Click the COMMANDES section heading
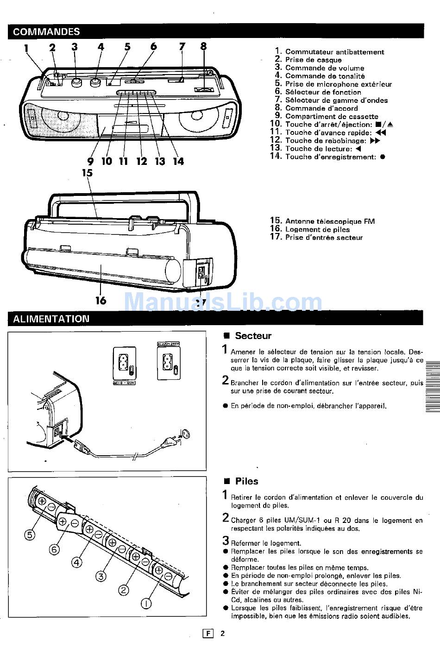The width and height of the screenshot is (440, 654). [x=46, y=31]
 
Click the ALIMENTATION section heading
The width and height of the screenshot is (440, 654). [x=51, y=319]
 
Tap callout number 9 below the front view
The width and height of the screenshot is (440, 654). [x=90, y=161]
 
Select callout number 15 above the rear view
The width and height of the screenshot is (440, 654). [x=87, y=173]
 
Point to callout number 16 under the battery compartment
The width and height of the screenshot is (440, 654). [x=101, y=300]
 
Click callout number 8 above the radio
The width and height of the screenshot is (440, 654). [x=203, y=46]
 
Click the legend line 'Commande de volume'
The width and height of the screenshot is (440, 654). [x=324, y=68]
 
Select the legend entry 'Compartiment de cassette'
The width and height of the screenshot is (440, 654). [x=331, y=116]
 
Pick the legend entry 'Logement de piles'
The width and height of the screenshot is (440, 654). [x=317, y=229]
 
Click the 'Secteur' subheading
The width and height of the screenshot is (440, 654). [x=252, y=336]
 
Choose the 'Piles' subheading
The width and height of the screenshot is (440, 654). [x=246, y=481]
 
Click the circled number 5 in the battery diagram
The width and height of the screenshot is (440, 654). [x=30, y=535]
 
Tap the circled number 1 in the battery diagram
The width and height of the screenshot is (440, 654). [x=146, y=603]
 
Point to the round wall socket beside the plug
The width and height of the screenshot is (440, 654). [x=187, y=434]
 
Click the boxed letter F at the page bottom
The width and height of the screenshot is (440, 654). [x=208, y=634]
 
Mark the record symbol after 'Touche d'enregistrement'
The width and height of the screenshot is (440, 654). [x=383, y=157]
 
